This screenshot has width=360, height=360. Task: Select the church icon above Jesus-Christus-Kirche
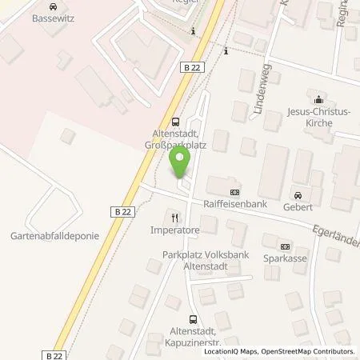(319, 101)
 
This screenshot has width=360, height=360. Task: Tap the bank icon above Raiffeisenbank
(234, 192)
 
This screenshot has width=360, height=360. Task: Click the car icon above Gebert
(298, 196)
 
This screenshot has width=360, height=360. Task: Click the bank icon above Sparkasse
(284, 246)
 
